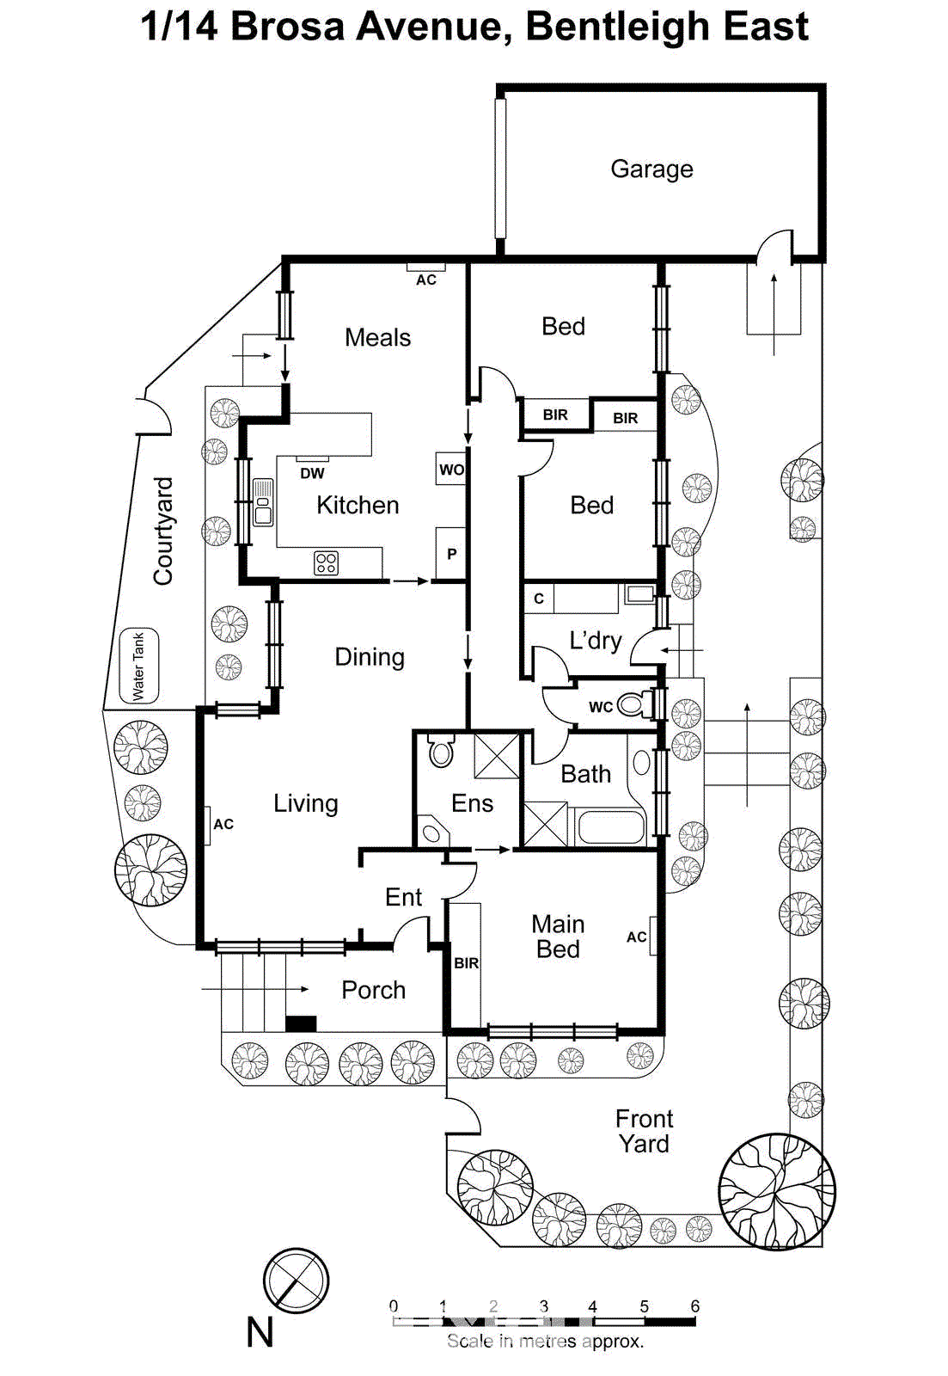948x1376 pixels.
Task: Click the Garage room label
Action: (x=651, y=169)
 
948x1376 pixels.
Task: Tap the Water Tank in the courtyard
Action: (x=138, y=666)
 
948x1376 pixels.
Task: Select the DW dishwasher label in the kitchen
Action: (x=312, y=473)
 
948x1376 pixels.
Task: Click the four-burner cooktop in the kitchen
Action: (x=326, y=563)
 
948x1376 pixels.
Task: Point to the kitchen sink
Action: (x=263, y=503)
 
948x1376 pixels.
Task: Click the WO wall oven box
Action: (x=450, y=470)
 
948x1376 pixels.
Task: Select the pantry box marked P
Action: (x=451, y=554)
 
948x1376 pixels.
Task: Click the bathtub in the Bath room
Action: (x=611, y=827)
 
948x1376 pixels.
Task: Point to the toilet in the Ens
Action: (x=441, y=752)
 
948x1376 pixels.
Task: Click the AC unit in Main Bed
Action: (x=653, y=937)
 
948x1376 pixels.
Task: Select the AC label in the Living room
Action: (x=223, y=824)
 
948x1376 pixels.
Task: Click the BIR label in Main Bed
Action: (x=466, y=963)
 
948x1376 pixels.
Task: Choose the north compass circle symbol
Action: (x=296, y=1281)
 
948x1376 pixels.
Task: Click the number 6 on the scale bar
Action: (x=694, y=1306)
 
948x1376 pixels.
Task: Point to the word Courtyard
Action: (x=163, y=531)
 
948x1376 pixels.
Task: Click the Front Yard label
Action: (x=644, y=1131)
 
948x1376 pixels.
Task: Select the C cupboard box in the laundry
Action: (x=539, y=599)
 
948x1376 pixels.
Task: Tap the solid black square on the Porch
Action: (x=301, y=1023)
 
